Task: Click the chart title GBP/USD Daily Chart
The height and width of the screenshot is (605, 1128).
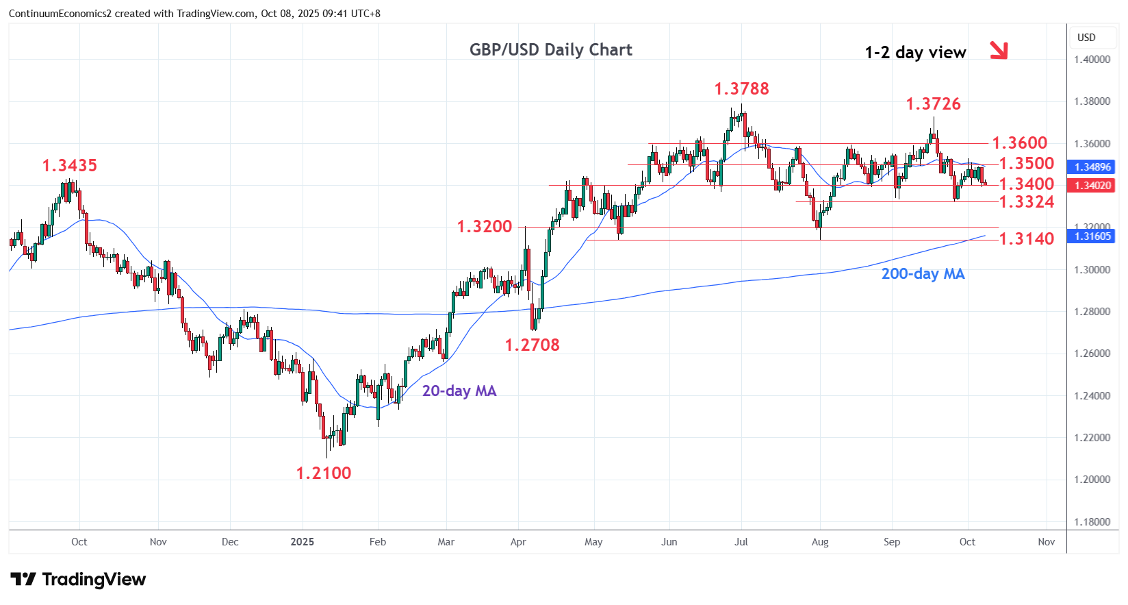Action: pos(550,50)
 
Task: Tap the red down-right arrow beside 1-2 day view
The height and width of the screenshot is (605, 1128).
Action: pos(999,50)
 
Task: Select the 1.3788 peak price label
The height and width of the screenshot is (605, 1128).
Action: pos(741,89)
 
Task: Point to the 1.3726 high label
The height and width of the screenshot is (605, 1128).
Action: pos(933,104)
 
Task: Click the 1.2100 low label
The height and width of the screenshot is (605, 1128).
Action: pos(323,473)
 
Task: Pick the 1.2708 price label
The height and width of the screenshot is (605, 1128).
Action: pos(532,345)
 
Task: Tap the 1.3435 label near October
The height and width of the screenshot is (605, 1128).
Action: pos(69,166)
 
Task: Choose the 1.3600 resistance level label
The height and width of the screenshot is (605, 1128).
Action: pos(1019,143)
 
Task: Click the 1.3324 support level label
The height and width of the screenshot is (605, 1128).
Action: pos(1027,202)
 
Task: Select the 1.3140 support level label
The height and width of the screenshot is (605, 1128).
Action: pos(1027,239)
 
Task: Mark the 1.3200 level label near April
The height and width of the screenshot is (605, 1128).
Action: pos(484,227)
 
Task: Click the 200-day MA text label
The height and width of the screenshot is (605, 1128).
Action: pos(923,274)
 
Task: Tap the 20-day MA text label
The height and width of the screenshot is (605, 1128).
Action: pos(459,391)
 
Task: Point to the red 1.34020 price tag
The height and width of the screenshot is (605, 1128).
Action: pos(1092,186)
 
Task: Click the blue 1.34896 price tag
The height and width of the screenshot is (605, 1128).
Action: pos(1092,167)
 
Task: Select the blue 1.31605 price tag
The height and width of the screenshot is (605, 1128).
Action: pos(1092,236)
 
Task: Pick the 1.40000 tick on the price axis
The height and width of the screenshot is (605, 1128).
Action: pos(1092,60)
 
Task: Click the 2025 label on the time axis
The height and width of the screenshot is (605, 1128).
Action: pos(302,542)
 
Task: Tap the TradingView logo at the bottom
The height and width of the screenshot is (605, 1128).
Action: pos(78,580)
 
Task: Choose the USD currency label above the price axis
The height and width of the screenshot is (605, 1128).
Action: pos(1086,38)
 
